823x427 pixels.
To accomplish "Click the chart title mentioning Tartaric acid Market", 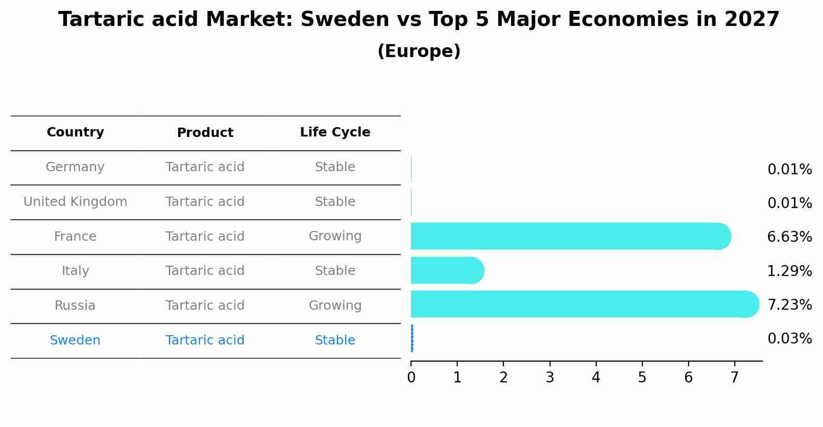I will coord(418,20).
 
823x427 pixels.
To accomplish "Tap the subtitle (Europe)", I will coord(418,51).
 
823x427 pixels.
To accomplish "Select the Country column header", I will coord(75,132).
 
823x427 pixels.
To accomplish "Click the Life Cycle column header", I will coord(335,132).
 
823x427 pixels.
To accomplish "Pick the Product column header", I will coord(205,133).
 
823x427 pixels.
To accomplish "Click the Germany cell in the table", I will coord(75,167).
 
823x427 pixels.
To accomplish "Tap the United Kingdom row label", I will coord(75,202).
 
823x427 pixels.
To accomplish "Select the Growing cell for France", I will coord(335,236).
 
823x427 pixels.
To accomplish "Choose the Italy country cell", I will coord(75,271).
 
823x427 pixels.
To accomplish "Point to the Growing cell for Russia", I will coord(335,306).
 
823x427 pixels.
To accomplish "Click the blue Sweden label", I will coord(75,340).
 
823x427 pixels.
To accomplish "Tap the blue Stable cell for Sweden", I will coord(335,340).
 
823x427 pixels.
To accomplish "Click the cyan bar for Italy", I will coord(446,270).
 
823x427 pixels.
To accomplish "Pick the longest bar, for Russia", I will coord(581,304).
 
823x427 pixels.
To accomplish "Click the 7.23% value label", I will coord(789,305).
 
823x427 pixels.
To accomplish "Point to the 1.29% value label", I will coord(789,271).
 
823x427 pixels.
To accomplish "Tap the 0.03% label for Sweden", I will coord(789,339).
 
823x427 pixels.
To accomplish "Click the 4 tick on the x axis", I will coord(596,378).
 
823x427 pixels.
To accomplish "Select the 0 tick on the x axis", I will coord(411,378).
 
